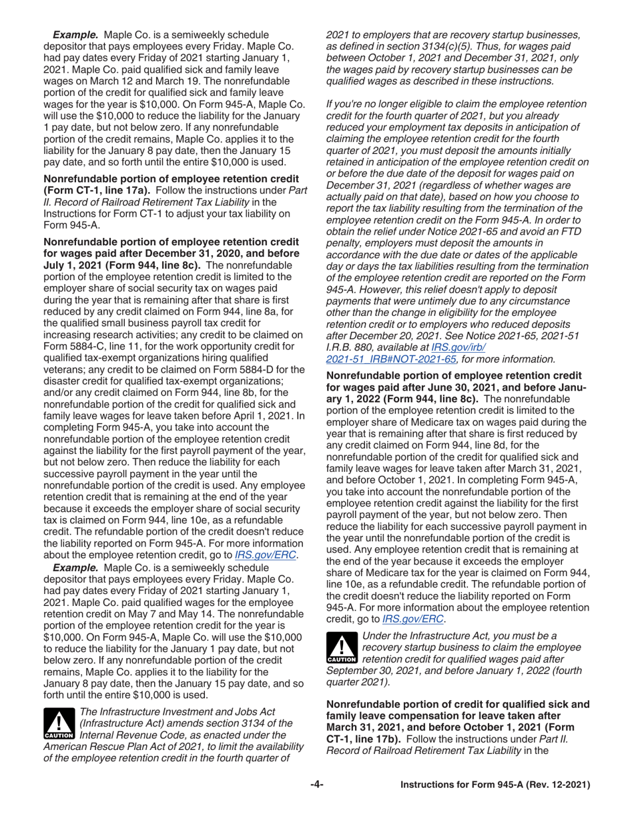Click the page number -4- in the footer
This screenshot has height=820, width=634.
click(316, 786)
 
